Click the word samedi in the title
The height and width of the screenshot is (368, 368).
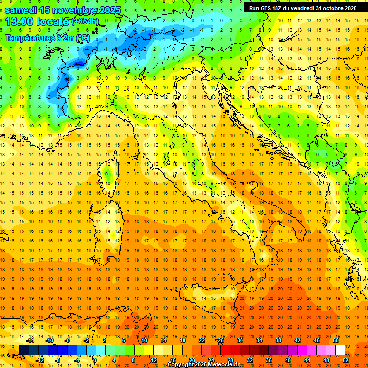(x=23, y=10)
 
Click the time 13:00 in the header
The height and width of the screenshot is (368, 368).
(x=21, y=22)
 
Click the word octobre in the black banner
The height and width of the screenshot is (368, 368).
(x=330, y=8)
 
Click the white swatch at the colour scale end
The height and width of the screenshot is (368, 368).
(x=340, y=350)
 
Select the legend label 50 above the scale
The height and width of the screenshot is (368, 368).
(x=336, y=340)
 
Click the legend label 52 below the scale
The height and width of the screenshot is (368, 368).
(x=346, y=360)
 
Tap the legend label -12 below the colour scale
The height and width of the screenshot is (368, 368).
(x=40, y=360)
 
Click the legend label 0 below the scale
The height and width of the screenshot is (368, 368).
(x=95, y=360)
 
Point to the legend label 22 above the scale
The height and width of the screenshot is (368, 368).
(x=201, y=340)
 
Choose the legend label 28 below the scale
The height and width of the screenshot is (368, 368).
(x=230, y=360)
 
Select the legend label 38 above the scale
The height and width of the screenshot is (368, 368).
(x=278, y=340)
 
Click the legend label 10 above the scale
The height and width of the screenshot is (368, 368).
(x=144, y=340)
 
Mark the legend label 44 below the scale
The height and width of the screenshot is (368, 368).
(x=307, y=360)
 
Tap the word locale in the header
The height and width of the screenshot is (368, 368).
(x=54, y=22)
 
